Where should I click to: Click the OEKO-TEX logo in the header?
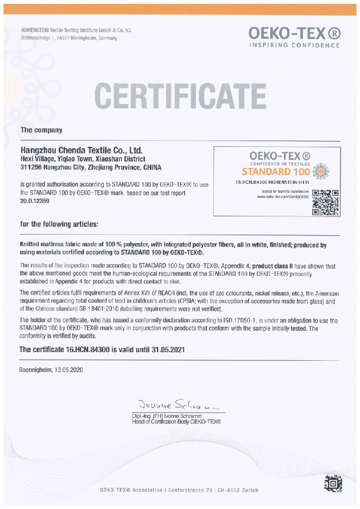point(294,33)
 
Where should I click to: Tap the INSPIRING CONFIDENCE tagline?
point(294,46)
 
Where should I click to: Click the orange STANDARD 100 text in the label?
point(276,171)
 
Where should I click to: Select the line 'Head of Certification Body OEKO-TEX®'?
point(176,421)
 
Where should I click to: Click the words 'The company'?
point(41,130)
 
